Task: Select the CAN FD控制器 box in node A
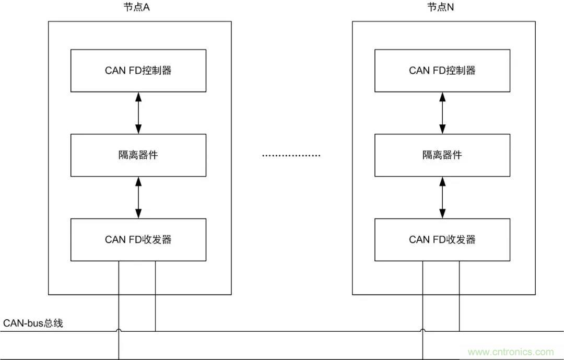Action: coord(138,71)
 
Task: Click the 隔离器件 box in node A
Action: coord(138,155)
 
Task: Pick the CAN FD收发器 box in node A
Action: coord(138,240)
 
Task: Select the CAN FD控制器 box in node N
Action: coord(442,71)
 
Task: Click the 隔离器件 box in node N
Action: coord(442,155)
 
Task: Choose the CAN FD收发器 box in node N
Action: coord(442,240)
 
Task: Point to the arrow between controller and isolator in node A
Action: coord(138,113)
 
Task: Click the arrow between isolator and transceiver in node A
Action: coord(138,198)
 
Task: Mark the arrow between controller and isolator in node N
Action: coord(443,113)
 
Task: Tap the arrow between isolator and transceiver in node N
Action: coord(443,198)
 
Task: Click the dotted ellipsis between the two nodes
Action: coord(290,156)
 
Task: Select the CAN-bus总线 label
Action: coord(33,323)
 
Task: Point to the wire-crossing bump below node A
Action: coord(119,330)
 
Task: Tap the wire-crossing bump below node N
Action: coord(423,330)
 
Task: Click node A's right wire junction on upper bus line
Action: coord(155,331)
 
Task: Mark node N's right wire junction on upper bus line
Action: coord(460,331)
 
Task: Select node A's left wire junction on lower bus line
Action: coord(119,359)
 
